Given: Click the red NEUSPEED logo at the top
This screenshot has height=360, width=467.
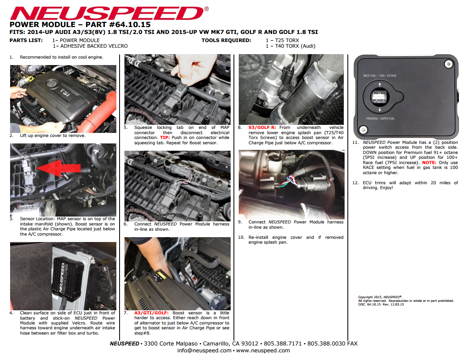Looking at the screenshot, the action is (109, 13).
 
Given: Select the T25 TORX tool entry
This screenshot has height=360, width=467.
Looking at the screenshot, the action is (282, 40).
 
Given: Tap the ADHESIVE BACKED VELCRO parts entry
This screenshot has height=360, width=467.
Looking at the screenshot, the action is (90, 46).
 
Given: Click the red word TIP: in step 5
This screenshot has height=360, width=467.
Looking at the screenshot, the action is (165, 137).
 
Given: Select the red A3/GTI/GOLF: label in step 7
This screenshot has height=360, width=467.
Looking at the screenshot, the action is (151, 313).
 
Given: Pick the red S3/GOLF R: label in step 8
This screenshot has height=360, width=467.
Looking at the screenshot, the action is (262, 127).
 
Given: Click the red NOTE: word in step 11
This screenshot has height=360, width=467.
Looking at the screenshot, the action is (429, 162).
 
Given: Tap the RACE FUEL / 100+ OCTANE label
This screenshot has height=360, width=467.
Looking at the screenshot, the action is (380, 76).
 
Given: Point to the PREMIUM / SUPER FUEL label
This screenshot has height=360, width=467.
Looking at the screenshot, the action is (380, 118).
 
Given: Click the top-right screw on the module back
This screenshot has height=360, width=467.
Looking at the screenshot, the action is (448, 64).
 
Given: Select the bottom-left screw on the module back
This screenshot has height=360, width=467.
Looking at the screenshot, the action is (363, 130).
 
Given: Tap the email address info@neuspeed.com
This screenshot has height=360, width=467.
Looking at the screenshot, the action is (204, 350).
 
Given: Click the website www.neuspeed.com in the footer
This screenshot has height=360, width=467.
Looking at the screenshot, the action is (263, 350).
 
